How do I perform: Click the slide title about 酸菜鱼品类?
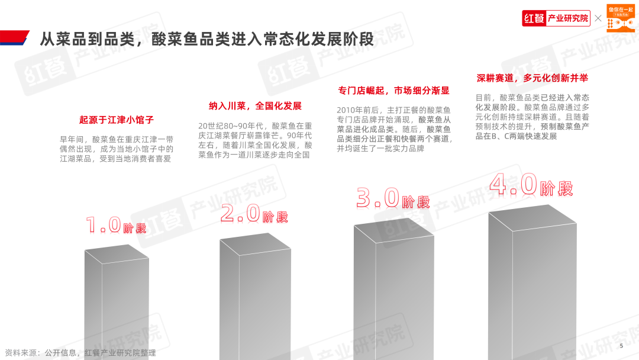coord(206,39)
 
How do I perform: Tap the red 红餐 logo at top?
coord(534,18)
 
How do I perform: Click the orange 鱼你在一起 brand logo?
coord(621,18)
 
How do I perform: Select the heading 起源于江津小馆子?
coord(116,120)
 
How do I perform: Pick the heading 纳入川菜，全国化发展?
coord(255,106)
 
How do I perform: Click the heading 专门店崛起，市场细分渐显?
coord(393,91)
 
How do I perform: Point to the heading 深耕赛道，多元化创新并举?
coord(532,78)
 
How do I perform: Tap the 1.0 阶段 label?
coord(116,226)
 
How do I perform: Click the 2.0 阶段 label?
coord(254,214)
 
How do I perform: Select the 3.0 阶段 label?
coord(393,198)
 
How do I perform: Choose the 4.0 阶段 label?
coord(531,185)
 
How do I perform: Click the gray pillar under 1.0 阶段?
coord(116,302)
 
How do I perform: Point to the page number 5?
coord(621,346)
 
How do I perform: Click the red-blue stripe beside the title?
coord(14,38)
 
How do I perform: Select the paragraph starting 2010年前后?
coord(395,129)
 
